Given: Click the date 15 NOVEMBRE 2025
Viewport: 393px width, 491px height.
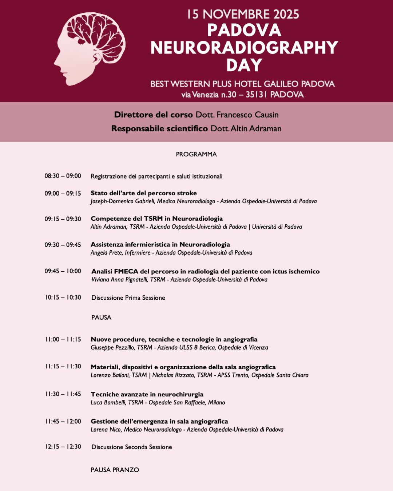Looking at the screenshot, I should tap(243, 15).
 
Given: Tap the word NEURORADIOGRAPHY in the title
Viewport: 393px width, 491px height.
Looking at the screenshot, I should tap(244, 48).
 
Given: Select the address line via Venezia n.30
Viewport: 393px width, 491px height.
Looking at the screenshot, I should tap(242, 95).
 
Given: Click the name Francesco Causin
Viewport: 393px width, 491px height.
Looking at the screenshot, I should tap(247, 115).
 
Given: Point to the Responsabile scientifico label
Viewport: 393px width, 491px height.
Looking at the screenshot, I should tap(159, 128).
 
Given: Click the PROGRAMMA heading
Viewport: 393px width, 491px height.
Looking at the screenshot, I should tap(196, 154).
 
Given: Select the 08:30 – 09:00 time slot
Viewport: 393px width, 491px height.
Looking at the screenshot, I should tap(63, 176).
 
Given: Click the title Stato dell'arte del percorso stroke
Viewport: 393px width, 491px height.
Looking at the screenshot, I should tap(144, 193).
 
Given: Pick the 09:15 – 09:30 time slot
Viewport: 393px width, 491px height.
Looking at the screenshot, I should tap(63, 219).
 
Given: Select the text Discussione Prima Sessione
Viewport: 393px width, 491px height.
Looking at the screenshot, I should tap(128, 298).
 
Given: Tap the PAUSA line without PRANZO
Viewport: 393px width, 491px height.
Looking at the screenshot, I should tap(101, 317).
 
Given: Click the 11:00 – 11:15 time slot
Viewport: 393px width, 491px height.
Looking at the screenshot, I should tap(63, 339).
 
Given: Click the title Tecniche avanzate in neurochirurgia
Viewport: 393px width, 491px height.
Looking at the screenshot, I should tap(147, 394).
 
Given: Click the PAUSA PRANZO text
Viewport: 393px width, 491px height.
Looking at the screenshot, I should tap(115, 470).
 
